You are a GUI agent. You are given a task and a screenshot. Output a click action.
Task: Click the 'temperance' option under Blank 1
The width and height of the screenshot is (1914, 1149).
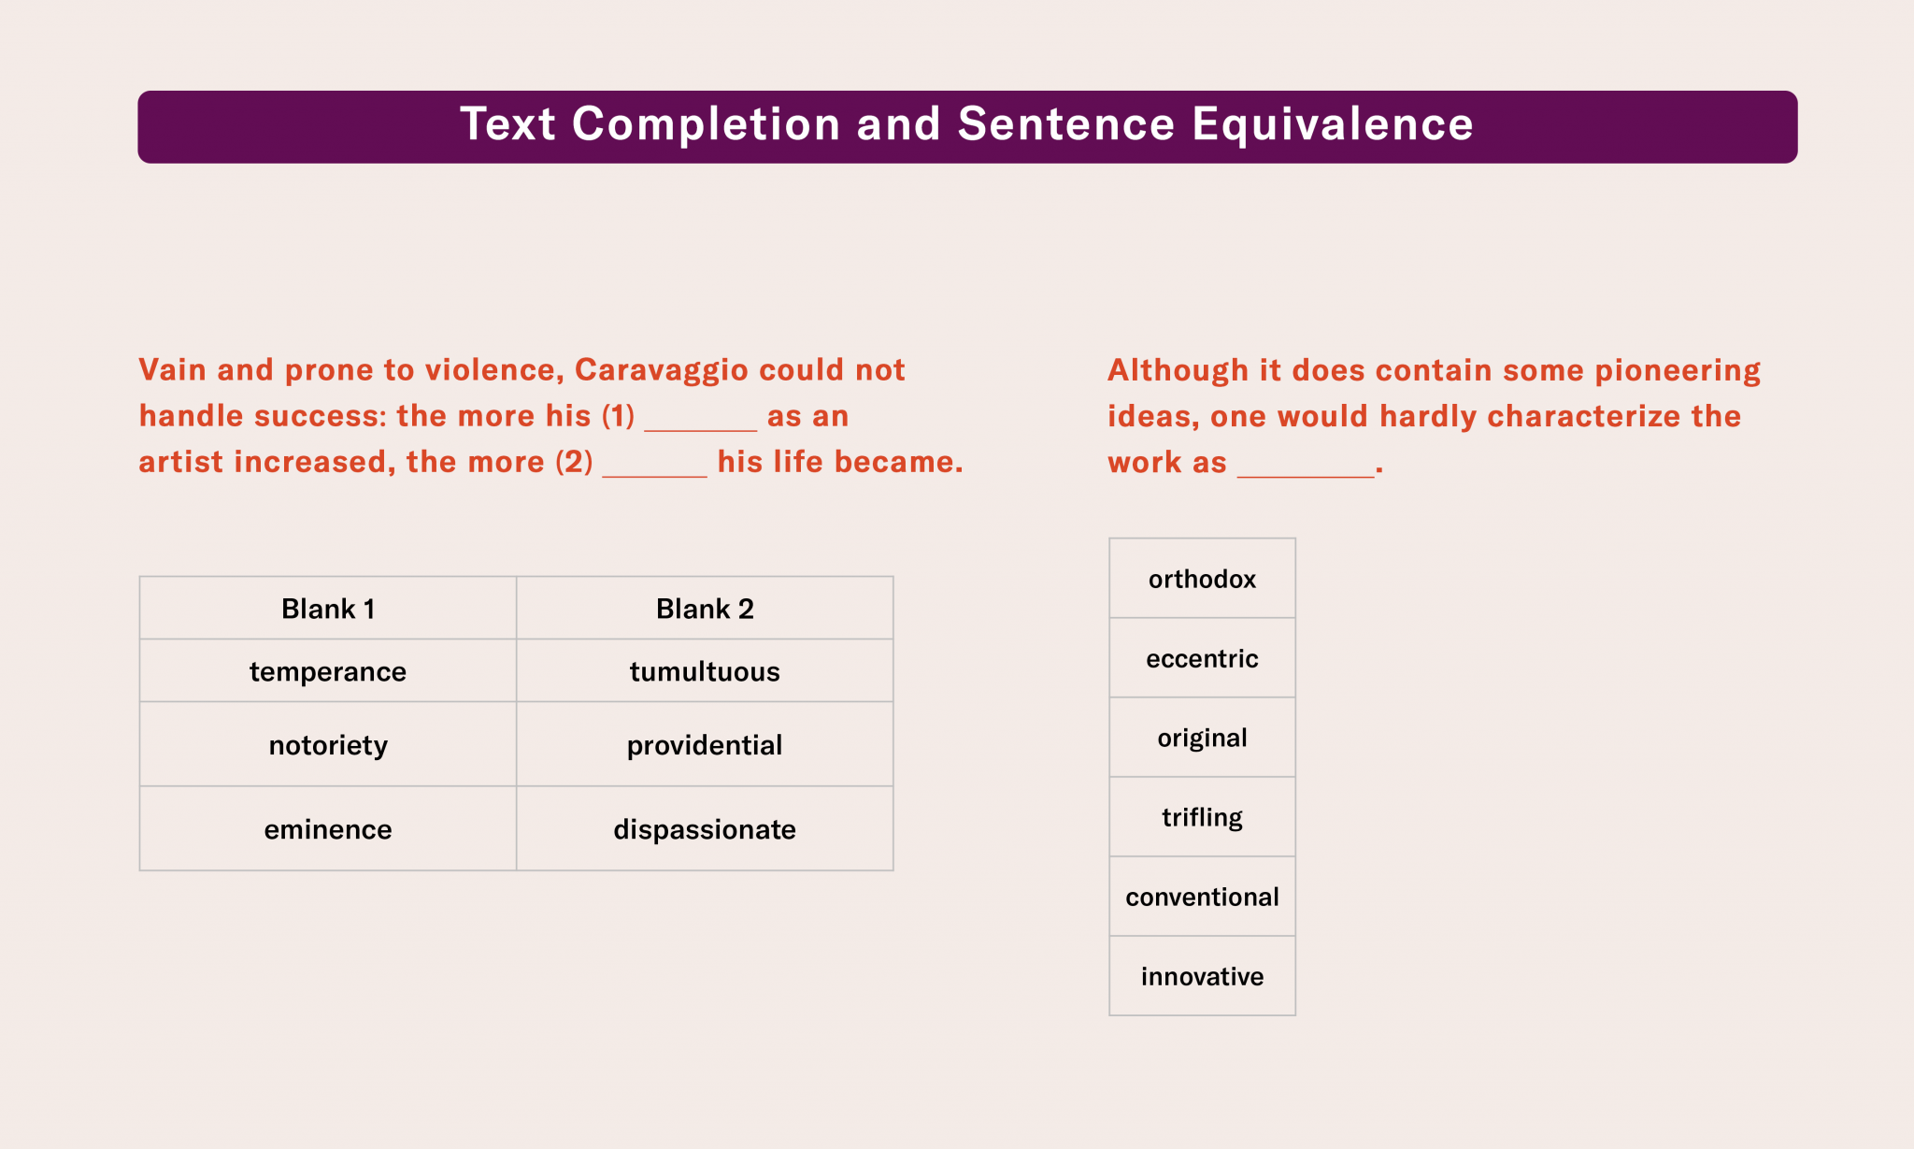(x=328, y=671)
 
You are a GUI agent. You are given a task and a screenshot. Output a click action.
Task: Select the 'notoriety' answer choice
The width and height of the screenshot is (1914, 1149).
(x=328, y=745)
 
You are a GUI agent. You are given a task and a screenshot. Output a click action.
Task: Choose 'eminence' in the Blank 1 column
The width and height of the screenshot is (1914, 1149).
(x=328, y=829)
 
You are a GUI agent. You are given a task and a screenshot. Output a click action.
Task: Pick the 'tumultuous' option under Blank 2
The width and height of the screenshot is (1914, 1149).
(x=705, y=671)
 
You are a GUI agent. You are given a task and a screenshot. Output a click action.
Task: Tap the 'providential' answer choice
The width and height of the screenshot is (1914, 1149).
(x=705, y=745)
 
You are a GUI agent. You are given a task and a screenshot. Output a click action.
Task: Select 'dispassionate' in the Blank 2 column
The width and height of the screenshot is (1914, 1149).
(x=705, y=829)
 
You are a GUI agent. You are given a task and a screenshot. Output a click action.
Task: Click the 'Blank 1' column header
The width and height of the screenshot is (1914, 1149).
(x=328, y=609)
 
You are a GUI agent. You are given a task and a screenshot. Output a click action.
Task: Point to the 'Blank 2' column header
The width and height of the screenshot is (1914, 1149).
(x=705, y=609)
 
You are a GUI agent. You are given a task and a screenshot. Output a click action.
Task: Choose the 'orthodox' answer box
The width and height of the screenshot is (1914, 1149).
(x=1202, y=579)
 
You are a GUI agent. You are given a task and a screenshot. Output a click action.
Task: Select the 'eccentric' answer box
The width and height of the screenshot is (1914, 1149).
(x=1202, y=658)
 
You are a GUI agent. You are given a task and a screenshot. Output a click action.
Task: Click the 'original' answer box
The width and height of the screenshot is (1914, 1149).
(x=1202, y=738)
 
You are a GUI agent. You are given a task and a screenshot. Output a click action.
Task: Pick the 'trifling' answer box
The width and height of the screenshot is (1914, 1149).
(x=1202, y=817)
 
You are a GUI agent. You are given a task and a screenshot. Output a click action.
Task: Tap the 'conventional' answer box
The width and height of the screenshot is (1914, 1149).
(x=1202, y=897)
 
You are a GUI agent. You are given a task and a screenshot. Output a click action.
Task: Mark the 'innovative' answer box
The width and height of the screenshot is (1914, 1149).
(x=1202, y=976)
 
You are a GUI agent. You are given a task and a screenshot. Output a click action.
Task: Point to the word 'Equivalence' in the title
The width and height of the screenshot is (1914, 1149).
(x=1333, y=124)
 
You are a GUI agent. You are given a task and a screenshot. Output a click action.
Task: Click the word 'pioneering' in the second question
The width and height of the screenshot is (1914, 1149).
(x=1678, y=370)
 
